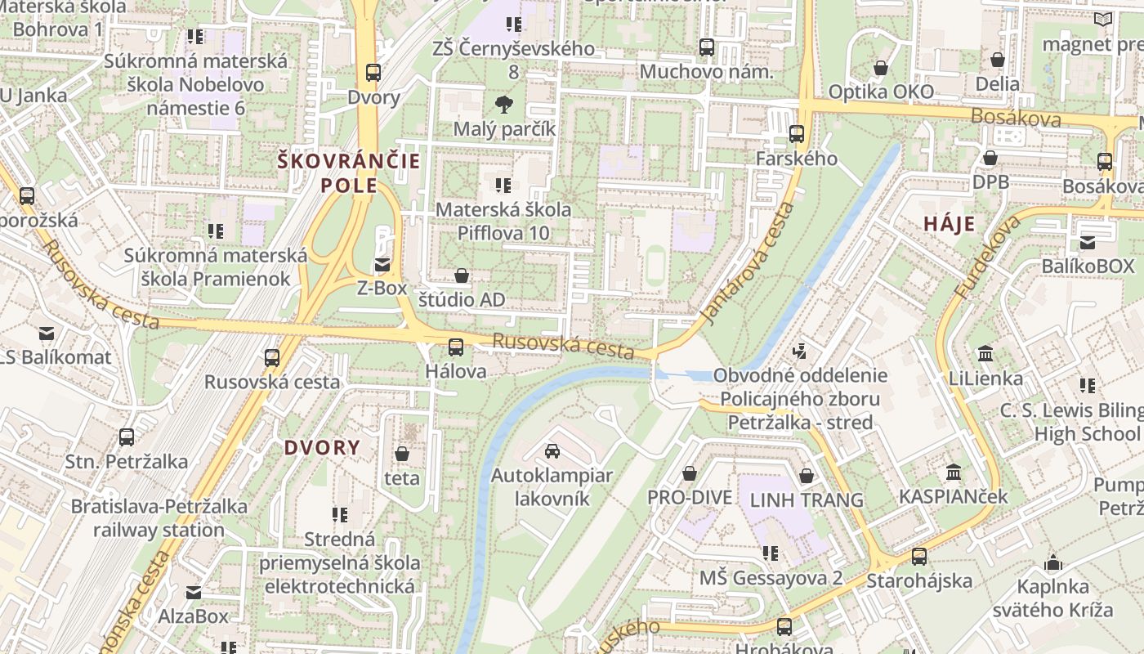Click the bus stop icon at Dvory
(373, 73)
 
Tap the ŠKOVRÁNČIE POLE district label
(349, 172)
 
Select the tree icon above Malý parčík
(504, 104)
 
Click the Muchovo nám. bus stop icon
(707, 47)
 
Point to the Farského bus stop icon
(797, 133)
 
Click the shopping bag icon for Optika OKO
(881, 67)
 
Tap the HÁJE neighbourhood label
(950, 224)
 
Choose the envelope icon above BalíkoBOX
(1088, 242)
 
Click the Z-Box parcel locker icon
(382, 264)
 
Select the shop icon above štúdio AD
(462, 275)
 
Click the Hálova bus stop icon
(456, 347)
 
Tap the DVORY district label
(322, 447)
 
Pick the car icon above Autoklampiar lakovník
(552, 451)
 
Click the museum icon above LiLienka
(985, 354)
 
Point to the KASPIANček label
(953, 496)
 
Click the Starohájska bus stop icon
(919, 557)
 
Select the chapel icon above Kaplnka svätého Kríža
(1053, 562)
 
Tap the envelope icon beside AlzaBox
(194, 592)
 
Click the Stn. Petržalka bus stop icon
(127, 437)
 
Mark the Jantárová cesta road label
(749, 263)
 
